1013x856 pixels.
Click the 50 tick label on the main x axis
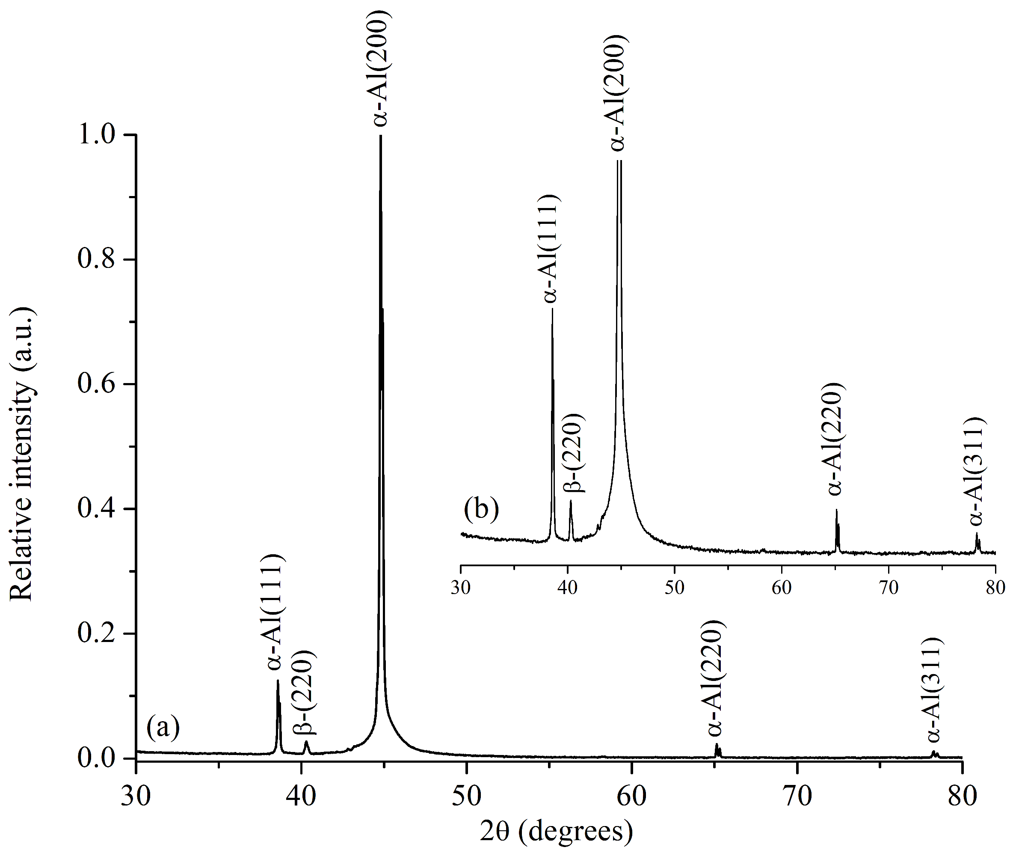(x=466, y=797)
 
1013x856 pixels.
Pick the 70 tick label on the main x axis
(x=797, y=797)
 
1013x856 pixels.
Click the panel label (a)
(x=163, y=728)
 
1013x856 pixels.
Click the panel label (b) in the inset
(x=481, y=509)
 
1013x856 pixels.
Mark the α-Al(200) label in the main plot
(x=381, y=68)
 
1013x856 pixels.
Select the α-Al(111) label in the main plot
(x=276, y=612)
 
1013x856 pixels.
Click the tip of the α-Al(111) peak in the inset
(x=552, y=309)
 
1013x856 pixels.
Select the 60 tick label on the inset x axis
(x=781, y=588)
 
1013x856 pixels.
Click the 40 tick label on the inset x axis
(x=567, y=588)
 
